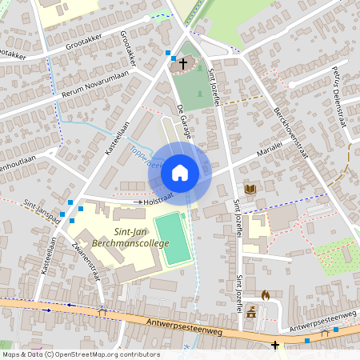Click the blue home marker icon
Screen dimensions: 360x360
click(180, 173)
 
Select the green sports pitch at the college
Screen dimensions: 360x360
click(173, 238)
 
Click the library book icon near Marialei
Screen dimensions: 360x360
click(250, 189)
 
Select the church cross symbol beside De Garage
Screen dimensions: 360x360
click(183, 62)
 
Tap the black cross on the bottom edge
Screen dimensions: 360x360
click(275, 346)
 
